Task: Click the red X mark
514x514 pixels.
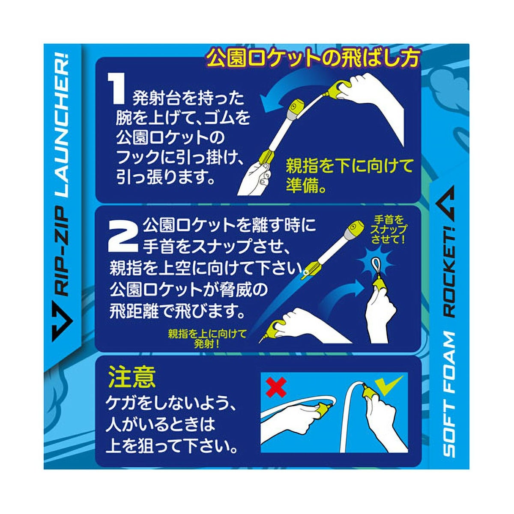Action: tap(275, 387)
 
